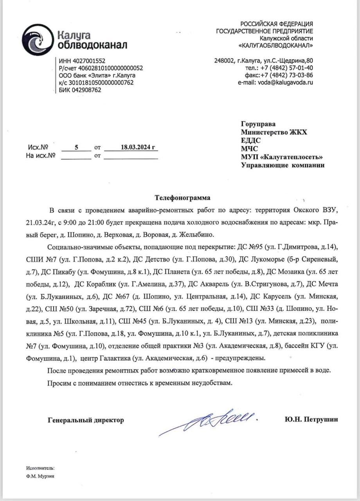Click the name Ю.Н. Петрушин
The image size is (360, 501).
click(x=311, y=420)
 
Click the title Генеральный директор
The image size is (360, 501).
click(x=86, y=420)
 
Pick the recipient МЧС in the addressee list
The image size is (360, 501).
click(x=250, y=148)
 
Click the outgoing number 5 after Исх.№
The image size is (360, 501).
click(x=77, y=147)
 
